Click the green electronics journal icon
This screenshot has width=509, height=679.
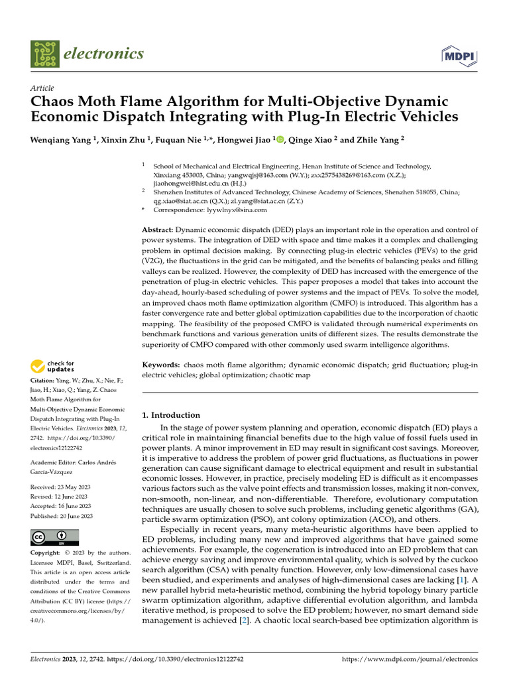44,54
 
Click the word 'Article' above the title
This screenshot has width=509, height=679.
42,88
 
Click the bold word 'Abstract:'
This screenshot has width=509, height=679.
158,229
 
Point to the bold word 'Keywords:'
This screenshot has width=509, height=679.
161,365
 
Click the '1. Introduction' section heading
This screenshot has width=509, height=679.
172,415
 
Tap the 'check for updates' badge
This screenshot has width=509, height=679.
52,366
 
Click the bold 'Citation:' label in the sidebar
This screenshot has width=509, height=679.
45,381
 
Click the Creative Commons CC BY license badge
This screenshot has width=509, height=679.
54,536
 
